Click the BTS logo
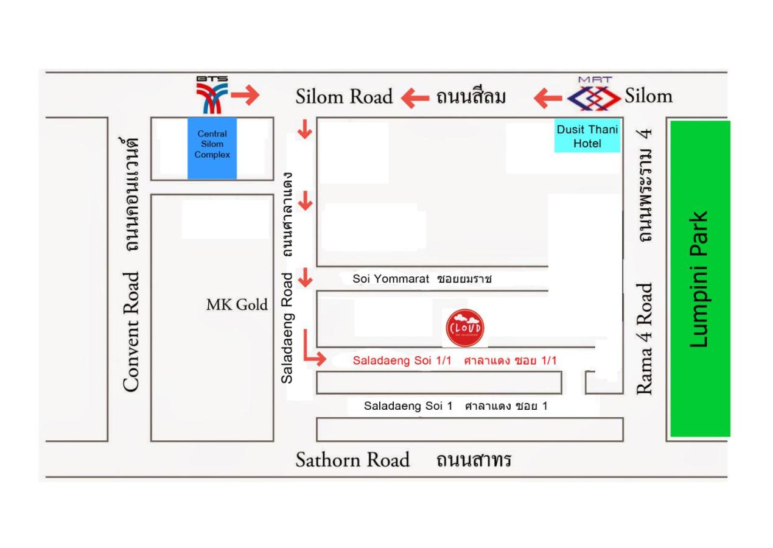click(211, 95)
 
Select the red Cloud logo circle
click(465, 328)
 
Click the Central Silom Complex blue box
click(212, 148)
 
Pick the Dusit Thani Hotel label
click(587, 136)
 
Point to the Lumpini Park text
click(699, 279)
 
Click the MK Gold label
click(237, 305)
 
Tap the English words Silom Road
click(344, 97)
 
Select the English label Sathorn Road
click(352, 460)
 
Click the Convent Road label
click(133, 332)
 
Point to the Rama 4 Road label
click(645, 338)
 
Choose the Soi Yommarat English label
click(391, 279)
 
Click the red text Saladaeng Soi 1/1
click(402, 360)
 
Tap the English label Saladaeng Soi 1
click(408, 406)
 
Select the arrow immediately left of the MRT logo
click(548, 97)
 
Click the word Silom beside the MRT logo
click(649, 96)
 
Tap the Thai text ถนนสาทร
click(473, 460)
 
